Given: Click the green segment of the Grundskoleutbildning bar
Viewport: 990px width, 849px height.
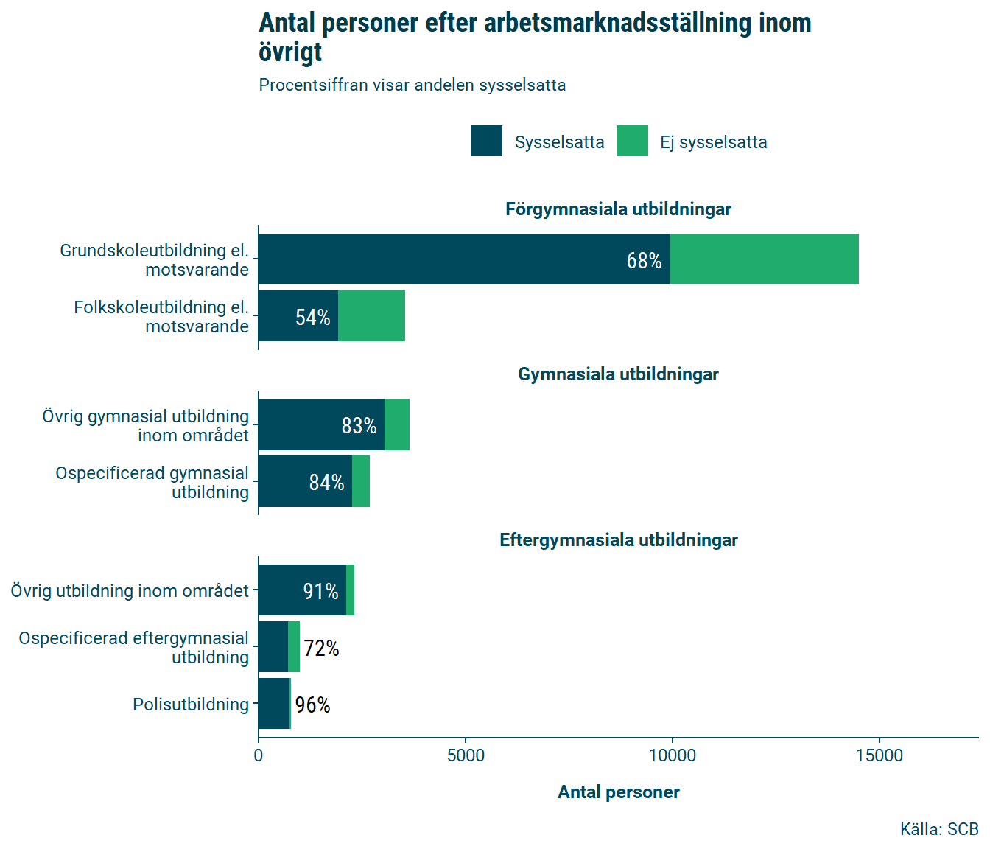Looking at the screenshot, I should (x=764, y=259).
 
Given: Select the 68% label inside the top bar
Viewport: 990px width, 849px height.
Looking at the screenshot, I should (x=644, y=260).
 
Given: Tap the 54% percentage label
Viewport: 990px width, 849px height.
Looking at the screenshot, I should (x=312, y=317).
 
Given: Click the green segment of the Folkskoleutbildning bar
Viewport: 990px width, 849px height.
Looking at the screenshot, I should (x=371, y=315).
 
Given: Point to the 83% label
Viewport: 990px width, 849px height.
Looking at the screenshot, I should (x=359, y=425).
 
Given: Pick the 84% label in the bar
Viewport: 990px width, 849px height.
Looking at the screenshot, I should (x=326, y=482).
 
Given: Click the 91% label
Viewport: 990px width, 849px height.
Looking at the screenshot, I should (x=320, y=591).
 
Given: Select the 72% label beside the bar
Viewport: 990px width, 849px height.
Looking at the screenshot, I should (x=321, y=648).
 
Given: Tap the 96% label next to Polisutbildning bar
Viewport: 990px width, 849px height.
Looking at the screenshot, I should (x=312, y=705).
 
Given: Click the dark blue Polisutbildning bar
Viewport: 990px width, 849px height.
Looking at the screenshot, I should (x=274, y=703).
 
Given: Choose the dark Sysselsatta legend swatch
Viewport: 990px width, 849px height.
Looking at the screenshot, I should (x=487, y=141).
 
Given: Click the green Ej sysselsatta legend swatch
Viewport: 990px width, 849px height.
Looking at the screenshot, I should (x=632, y=141).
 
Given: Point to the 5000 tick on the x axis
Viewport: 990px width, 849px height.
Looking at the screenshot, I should (x=466, y=755).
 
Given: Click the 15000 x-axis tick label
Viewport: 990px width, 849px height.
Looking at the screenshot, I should (x=880, y=755).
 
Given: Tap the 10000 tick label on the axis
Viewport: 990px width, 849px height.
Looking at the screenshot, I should (x=672, y=755).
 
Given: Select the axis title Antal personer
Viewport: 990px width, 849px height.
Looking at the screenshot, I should (x=618, y=792).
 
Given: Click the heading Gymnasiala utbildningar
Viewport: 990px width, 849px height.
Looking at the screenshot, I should (x=618, y=374).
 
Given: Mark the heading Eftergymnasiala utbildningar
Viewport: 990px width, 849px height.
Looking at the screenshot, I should (x=618, y=540).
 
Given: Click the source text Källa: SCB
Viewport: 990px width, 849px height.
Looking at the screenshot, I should (x=938, y=829).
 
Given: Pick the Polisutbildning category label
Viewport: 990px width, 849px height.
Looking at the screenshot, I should (x=191, y=705).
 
